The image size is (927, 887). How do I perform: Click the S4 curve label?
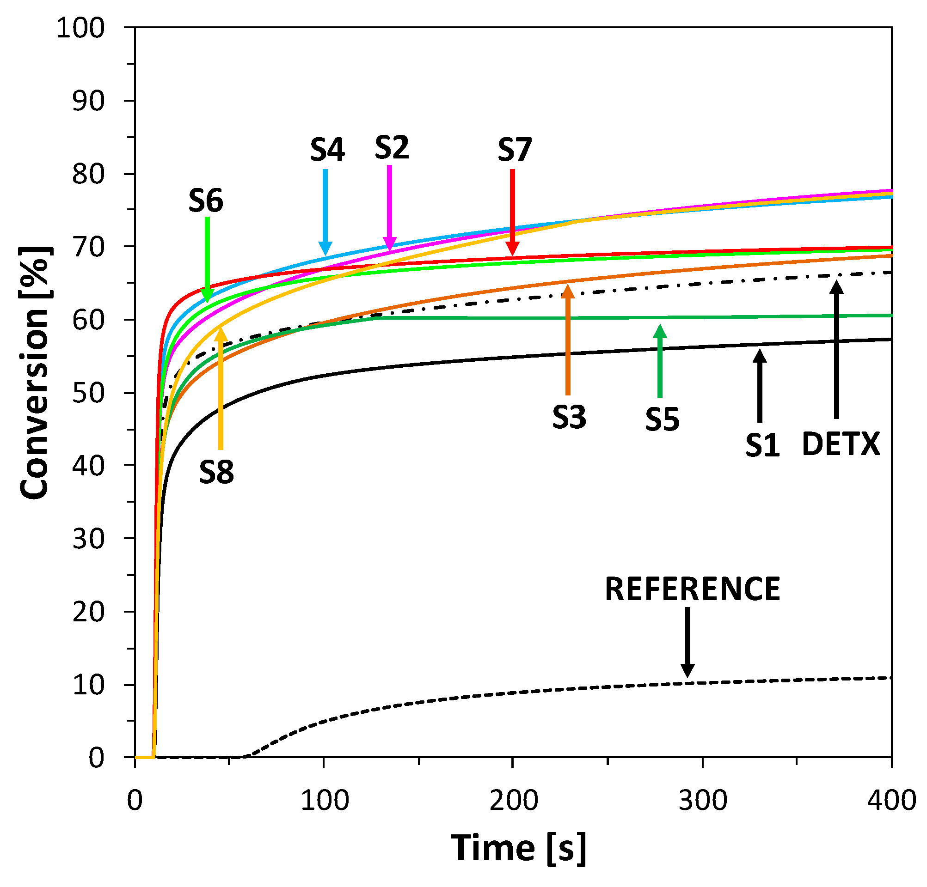point(327,150)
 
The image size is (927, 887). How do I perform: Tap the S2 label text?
point(392,148)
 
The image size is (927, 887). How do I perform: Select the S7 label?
point(515,150)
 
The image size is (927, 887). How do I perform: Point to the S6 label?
point(206,201)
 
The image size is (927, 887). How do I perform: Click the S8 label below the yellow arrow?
point(216,472)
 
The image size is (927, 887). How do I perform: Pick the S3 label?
point(570,418)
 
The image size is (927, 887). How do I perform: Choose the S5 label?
point(662,419)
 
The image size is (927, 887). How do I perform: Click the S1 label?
point(762,445)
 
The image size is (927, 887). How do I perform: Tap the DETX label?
point(841,444)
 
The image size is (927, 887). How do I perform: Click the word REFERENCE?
point(693,590)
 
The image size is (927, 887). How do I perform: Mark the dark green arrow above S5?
point(660,362)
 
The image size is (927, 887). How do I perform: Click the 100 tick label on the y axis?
point(80,28)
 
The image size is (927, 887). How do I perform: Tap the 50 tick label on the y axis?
point(88,393)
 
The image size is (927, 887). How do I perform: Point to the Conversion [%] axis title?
point(36,372)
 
